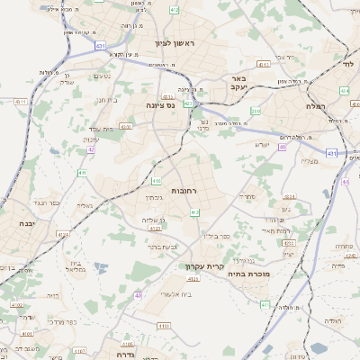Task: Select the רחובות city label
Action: pyautogui.click(x=184, y=190)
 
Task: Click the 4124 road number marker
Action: pyautogui.click(x=64, y=235)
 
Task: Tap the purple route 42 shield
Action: pyautogui.click(x=91, y=149)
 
